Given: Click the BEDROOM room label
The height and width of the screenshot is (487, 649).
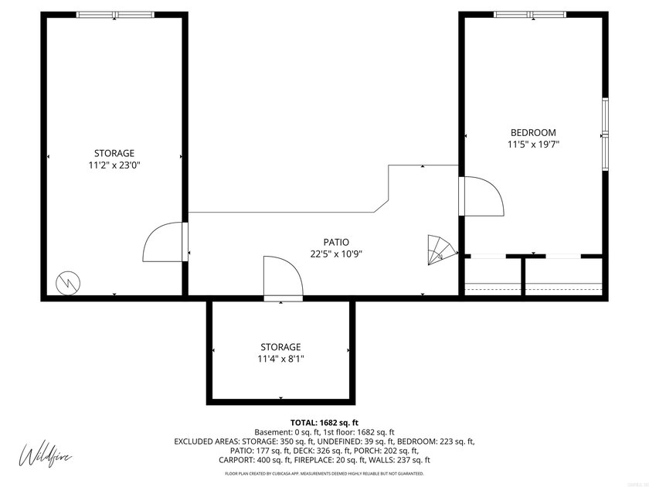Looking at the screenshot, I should [532, 132].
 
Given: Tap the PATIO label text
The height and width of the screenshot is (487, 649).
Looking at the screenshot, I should [336, 242].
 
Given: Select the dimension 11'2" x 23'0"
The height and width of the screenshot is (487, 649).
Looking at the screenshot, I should [114, 165].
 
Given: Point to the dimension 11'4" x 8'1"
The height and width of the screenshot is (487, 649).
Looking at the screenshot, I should [280, 359].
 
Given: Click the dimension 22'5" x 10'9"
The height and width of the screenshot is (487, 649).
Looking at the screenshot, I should [336, 254].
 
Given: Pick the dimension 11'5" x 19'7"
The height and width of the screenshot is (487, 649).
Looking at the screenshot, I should [532, 144].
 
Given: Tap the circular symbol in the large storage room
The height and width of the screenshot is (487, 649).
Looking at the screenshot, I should [66, 282].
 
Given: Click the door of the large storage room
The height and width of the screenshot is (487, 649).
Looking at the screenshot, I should [165, 243].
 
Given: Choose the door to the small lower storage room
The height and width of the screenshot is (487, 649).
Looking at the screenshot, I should [283, 278].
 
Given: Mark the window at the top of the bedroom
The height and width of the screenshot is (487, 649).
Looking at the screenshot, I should [530, 14].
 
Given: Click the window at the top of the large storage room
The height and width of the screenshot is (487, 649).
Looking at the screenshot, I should [115, 14].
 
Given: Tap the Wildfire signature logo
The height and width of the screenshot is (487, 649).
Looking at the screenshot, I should [45, 454].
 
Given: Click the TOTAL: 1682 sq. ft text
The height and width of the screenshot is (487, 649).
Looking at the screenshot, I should [324, 421].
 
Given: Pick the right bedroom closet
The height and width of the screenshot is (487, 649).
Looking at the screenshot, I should [564, 276].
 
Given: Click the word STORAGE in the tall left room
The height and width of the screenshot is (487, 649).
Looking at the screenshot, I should [114, 153].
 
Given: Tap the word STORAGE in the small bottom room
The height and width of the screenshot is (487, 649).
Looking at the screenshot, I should [280, 347].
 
